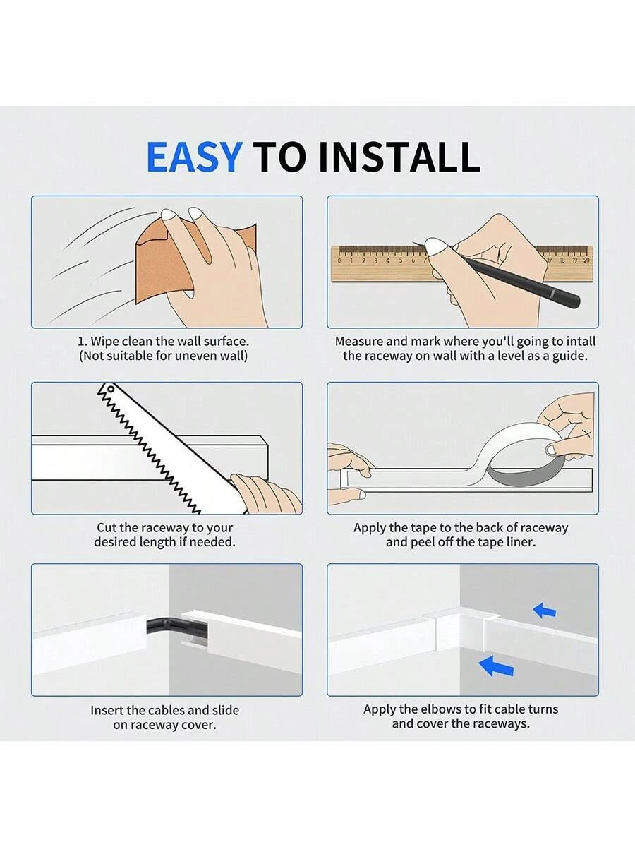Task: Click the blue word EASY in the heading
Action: pos(195,157)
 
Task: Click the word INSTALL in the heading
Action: pos(399,157)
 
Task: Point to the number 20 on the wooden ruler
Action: pos(586,260)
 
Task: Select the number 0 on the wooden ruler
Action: pos(339,260)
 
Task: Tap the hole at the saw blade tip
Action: pos(111,389)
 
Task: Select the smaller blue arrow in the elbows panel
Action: pos(545,611)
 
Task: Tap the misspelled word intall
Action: pos(580,342)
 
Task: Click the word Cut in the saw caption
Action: pos(107,527)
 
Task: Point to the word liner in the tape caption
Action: pos(522,542)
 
